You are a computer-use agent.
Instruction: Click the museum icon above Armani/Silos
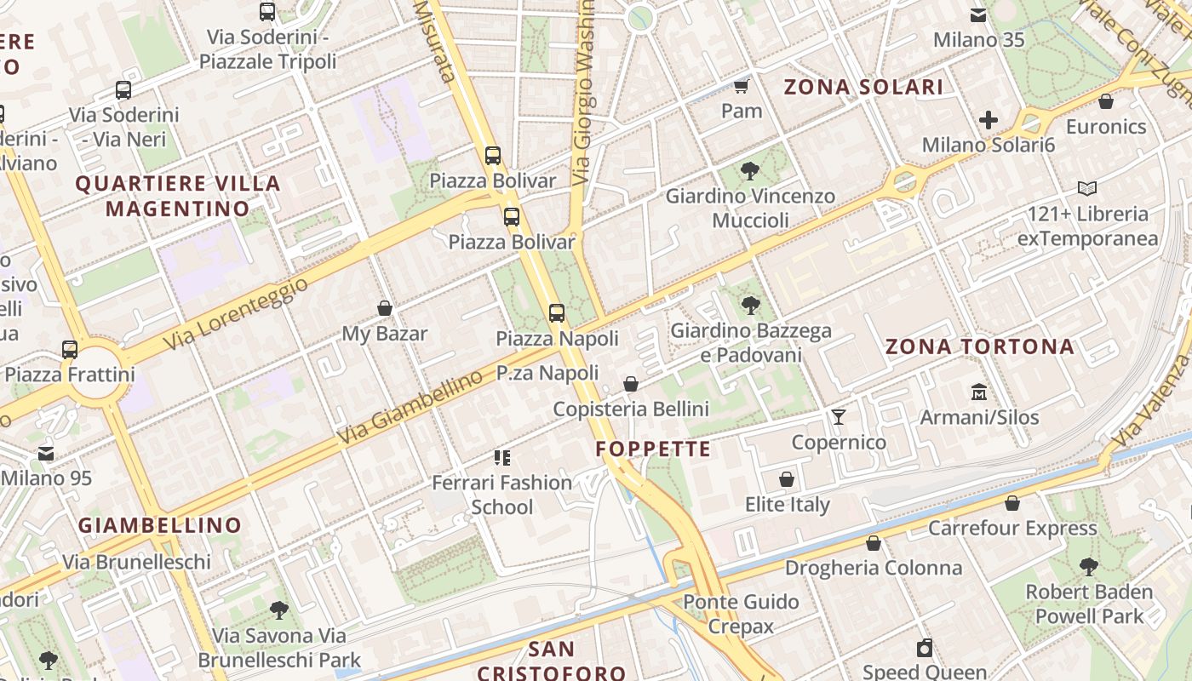[979, 392]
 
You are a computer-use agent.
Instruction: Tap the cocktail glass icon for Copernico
[839, 416]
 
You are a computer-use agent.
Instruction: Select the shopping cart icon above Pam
[741, 86]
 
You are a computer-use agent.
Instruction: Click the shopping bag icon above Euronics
[1106, 101]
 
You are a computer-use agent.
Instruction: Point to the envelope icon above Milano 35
[978, 14]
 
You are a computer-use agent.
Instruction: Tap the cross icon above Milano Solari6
[988, 120]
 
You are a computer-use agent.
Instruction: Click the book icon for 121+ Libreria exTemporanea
[1087, 188]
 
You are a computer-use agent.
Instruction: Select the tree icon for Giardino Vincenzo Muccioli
[750, 171]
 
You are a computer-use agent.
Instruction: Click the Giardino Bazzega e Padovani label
[751, 343]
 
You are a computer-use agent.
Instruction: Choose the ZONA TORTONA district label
[979, 347]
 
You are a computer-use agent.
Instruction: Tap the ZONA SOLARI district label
[863, 87]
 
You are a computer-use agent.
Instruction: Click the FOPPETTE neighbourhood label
[653, 449]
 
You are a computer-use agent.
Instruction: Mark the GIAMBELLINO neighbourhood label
[160, 525]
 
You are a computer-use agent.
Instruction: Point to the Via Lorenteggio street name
[237, 312]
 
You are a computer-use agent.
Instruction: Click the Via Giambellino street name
[410, 409]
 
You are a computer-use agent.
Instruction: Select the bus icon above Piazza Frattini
[70, 349]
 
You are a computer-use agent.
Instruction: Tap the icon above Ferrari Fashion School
[502, 458]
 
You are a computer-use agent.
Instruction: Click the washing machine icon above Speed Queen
[925, 648]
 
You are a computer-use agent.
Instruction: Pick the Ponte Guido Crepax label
[741, 615]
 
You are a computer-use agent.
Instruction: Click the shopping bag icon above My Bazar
[385, 308]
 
